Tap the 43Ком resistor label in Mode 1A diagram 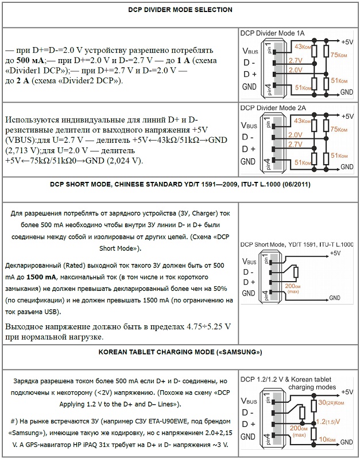(303, 46)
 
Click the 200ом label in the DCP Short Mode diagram (293, 285)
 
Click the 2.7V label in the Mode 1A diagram (295, 60)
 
